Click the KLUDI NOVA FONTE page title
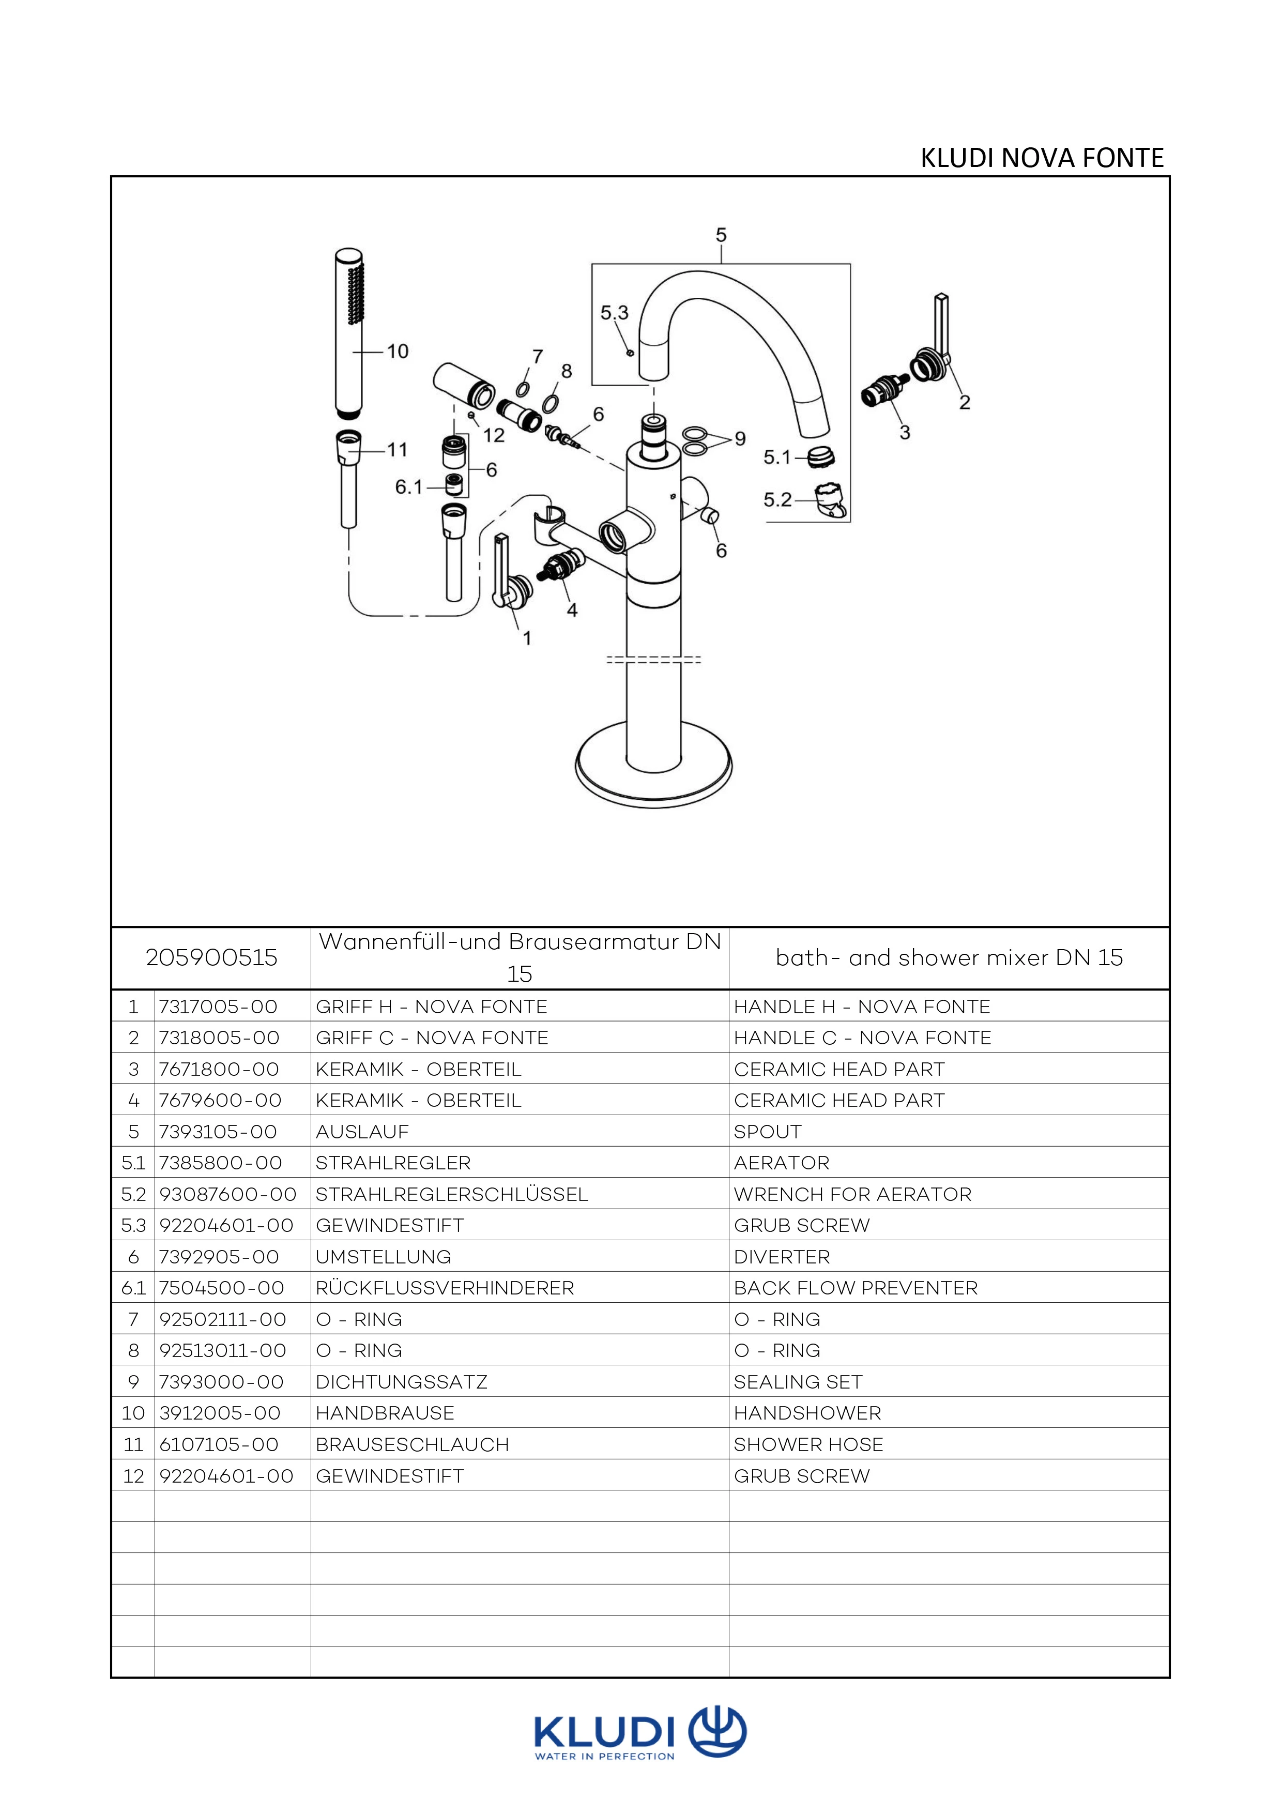point(1041,159)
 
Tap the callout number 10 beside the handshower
point(397,352)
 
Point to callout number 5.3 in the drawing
point(614,313)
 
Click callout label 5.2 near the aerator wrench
point(777,500)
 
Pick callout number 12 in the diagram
point(493,435)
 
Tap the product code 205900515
point(211,958)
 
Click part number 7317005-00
point(218,1007)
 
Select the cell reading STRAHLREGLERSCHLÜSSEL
point(451,1194)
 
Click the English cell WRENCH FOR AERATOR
point(852,1194)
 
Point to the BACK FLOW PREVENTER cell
point(856,1288)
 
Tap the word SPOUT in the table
point(767,1132)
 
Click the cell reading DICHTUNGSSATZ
point(401,1382)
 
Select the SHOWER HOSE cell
point(808,1444)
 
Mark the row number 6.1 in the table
point(133,1288)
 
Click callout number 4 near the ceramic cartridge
point(572,610)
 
